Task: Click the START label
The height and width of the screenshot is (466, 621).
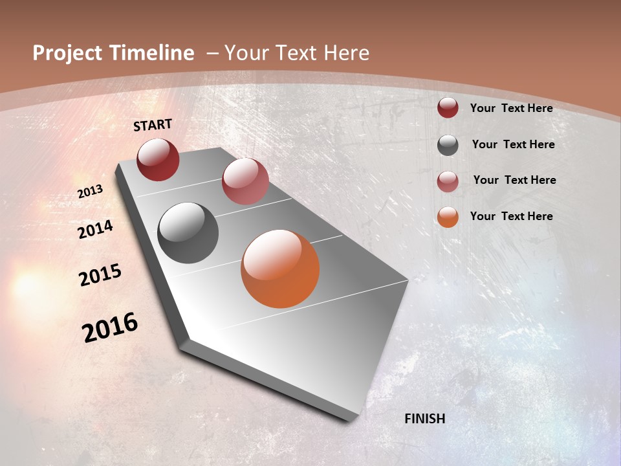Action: pyautogui.click(x=153, y=125)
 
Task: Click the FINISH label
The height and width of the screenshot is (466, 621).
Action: pyautogui.click(x=424, y=419)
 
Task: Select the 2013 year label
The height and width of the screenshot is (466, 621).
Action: pyautogui.click(x=90, y=192)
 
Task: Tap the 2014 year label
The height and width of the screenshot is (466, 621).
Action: pyautogui.click(x=95, y=230)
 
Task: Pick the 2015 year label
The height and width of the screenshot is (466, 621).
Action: pyautogui.click(x=100, y=275)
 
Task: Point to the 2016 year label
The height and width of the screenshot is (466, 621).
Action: pyautogui.click(x=109, y=327)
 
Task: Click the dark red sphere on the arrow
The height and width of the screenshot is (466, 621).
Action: pyautogui.click(x=158, y=159)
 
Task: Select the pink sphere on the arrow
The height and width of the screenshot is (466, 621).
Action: pyautogui.click(x=245, y=181)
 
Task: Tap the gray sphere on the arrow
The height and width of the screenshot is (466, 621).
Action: pyautogui.click(x=188, y=233)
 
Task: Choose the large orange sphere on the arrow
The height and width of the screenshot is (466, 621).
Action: pyautogui.click(x=280, y=269)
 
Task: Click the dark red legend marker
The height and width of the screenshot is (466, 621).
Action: pyautogui.click(x=448, y=108)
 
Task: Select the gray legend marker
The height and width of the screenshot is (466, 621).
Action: pyautogui.click(x=448, y=145)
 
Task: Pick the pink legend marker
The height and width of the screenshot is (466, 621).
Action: pyautogui.click(x=448, y=181)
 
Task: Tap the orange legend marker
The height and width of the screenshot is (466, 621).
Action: pyautogui.click(x=448, y=217)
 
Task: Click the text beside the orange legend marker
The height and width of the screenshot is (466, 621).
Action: pyautogui.click(x=511, y=216)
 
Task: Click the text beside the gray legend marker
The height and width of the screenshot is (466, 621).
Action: pyautogui.click(x=513, y=144)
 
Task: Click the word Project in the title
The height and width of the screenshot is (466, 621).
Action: pyautogui.click(x=67, y=53)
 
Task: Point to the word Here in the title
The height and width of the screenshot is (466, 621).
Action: pyautogui.click(x=345, y=53)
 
